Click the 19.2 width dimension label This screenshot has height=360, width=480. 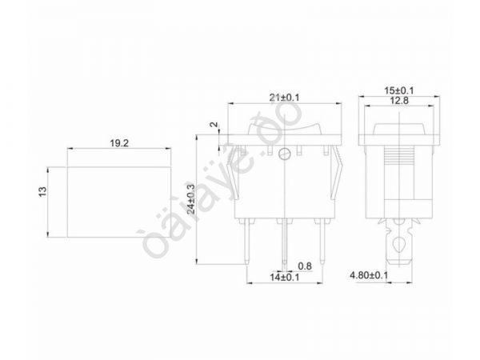click(119, 143)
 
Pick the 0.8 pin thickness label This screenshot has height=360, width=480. click(304, 266)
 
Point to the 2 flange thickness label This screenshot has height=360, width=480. click(212, 126)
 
